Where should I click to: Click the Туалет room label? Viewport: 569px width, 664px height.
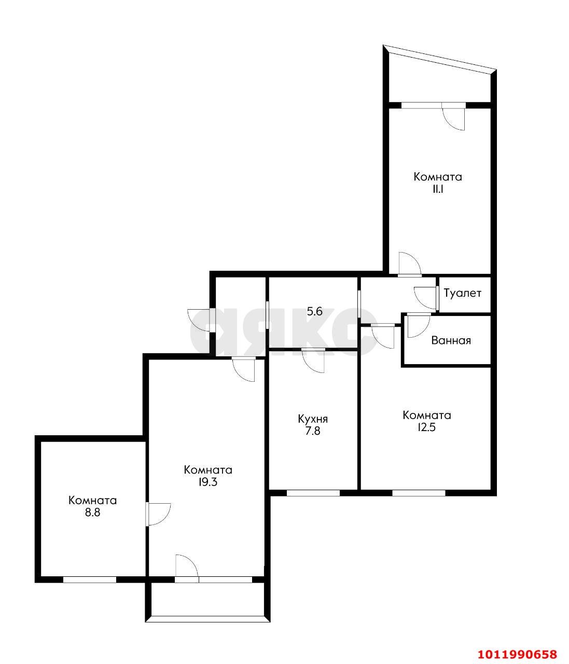click(x=462, y=293)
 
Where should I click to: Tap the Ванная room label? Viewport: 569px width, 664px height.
click(x=451, y=340)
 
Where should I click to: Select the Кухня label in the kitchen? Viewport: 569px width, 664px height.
click(x=313, y=419)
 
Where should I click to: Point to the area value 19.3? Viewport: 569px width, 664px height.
click(x=208, y=482)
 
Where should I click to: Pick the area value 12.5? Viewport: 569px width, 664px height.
click(x=427, y=427)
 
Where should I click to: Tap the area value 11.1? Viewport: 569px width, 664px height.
click(x=438, y=189)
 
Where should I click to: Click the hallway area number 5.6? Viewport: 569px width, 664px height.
click(x=314, y=311)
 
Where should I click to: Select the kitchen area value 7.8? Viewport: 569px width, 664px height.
click(x=313, y=431)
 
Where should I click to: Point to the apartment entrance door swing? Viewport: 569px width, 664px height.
click(x=198, y=320)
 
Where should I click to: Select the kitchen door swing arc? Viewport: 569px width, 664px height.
click(x=313, y=361)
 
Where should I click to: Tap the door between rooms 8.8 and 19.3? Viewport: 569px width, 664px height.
click(x=158, y=514)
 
